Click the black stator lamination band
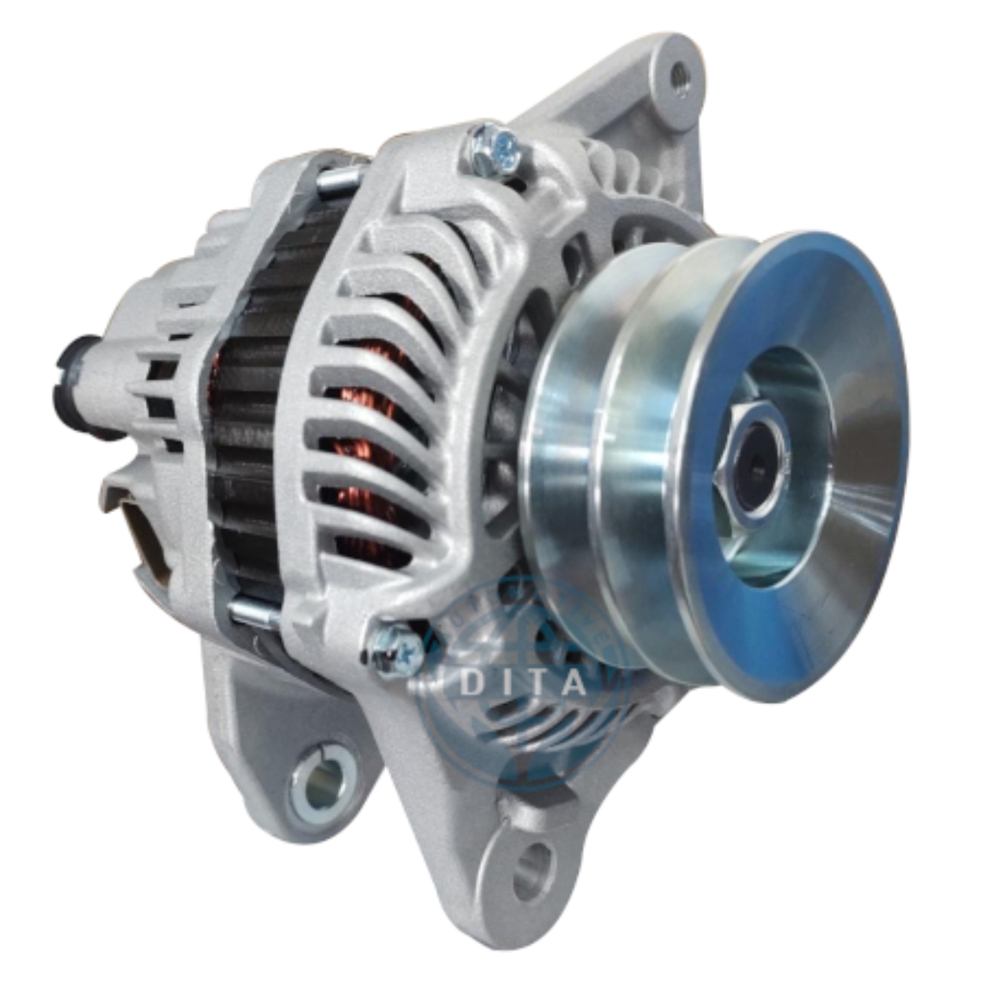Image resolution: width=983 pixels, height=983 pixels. click(x=244, y=410)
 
